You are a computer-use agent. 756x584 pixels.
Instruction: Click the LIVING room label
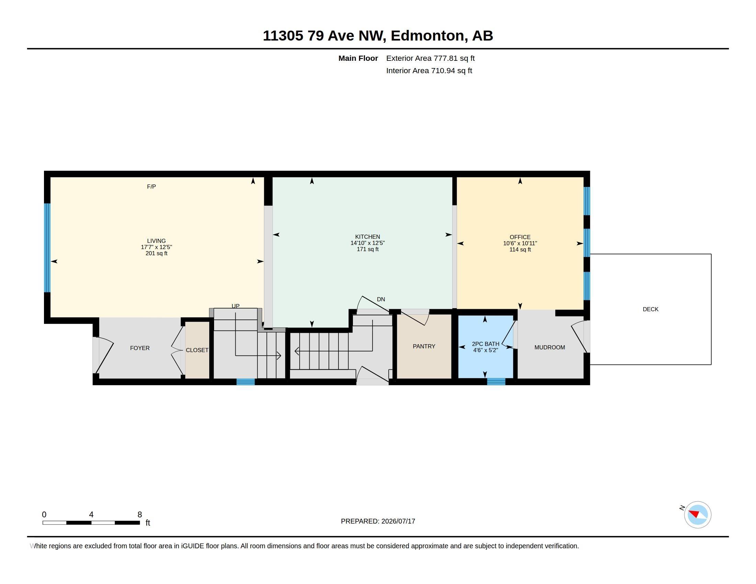pos(156,241)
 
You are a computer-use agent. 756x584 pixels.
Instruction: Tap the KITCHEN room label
pos(367,237)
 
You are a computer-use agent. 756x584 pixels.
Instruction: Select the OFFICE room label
pos(520,237)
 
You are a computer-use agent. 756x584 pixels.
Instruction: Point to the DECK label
pos(651,309)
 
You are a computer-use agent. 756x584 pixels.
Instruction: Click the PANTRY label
pos(424,346)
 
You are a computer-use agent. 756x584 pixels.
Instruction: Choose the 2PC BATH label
pos(486,344)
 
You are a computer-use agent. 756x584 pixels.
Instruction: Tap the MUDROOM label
pos(550,347)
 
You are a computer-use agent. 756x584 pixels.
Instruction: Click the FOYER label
pos(140,348)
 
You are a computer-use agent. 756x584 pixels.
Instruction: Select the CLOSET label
pos(197,350)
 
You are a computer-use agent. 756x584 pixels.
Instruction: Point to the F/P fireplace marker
pos(151,187)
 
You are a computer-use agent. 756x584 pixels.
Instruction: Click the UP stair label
pos(235,306)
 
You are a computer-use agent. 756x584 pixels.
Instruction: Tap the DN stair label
pos(381,299)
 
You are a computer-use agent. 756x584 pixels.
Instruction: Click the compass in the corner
pos(698,515)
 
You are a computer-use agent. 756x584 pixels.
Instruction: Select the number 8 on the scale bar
pos(140,515)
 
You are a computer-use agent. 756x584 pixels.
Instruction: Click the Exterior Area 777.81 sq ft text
pos(430,58)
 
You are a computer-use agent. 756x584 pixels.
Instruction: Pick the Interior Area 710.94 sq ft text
pos(429,70)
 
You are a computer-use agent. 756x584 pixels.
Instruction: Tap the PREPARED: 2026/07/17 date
pos(378,521)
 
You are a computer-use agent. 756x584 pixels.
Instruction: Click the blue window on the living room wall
pos(47,248)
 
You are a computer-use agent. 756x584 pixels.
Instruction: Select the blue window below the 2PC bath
pos(496,382)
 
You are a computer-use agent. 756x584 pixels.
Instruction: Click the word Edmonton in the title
pos(427,36)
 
